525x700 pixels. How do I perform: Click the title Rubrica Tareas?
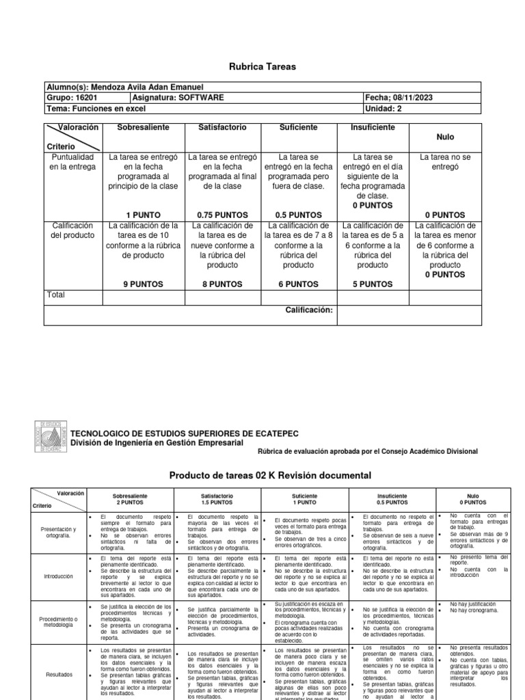[x=262, y=66]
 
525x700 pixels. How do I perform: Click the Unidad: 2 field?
[x=386, y=109]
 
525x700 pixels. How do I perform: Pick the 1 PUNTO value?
[x=144, y=214]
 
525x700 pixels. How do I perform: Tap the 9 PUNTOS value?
[x=144, y=283]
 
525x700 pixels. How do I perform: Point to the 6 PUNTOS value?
[x=298, y=283]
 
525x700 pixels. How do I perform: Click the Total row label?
[x=57, y=295]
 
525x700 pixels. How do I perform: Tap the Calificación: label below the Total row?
[x=308, y=310]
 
